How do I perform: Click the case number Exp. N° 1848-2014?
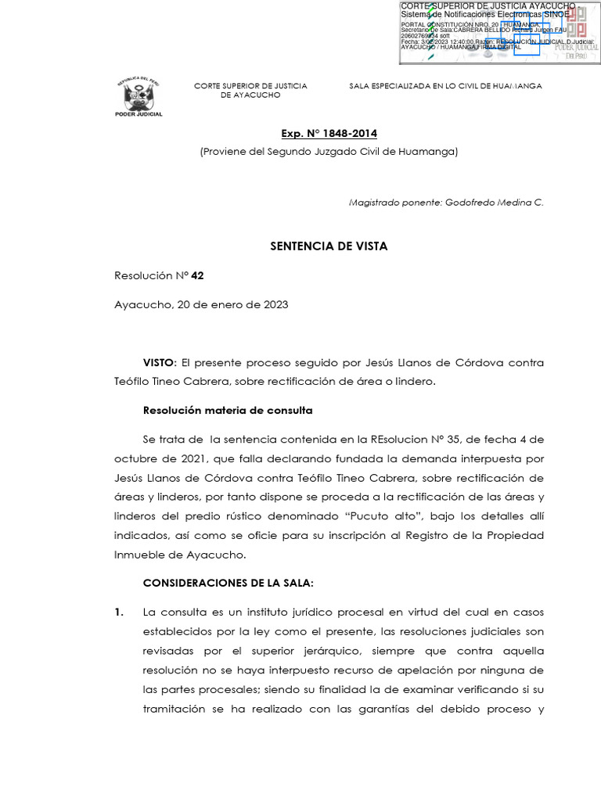click(x=329, y=134)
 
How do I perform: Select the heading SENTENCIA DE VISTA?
click(x=329, y=246)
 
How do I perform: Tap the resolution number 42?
click(x=197, y=276)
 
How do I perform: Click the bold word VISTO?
click(x=160, y=363)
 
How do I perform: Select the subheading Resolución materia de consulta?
click(x=228, y=410)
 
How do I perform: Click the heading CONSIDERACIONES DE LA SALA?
click(x=228, y=584)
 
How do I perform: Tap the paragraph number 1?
click(x=118, y=612)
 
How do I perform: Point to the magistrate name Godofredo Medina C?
click(x=494, y=203)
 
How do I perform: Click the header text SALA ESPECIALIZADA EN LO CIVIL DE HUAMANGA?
click(x=445, y=86)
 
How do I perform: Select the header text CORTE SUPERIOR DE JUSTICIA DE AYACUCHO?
click(x=250, y=90)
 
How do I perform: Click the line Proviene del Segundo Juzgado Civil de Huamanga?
click(x=329, y=152)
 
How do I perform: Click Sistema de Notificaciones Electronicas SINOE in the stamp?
click(x=485, y=15)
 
